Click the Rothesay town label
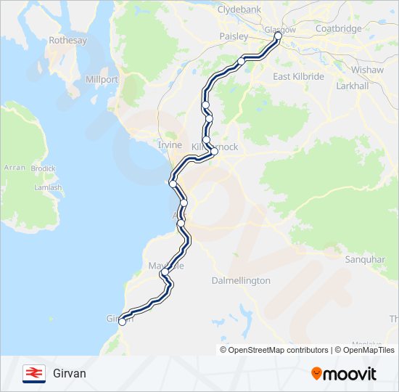[x=67, y=41]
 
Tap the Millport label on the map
[x=102, y=78]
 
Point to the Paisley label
[x=234, y=36]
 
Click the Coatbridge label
[x=339, y=29]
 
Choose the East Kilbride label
[x=298, y=76]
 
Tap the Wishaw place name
[x=362, y=71]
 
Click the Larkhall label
[x=354, y=86]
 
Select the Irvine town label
[x=170, y=145]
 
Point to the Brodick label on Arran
[x=44, y=168]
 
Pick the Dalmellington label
[x=241, y=280]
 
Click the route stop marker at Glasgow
[x=278, y=35]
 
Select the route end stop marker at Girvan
[x=122, y=322]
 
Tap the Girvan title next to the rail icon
[x=70, y=373]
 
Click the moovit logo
[x=344, y=373]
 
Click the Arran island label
[x=15, y=168]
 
